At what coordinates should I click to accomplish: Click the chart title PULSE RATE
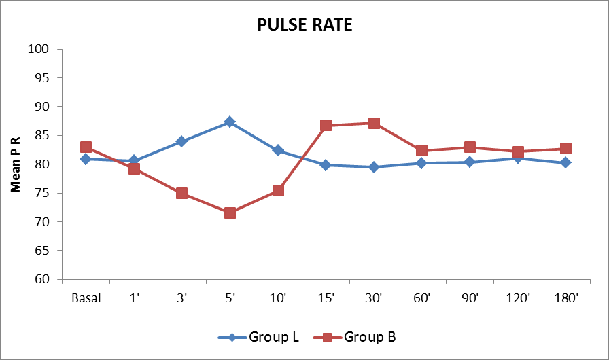pos(304,25)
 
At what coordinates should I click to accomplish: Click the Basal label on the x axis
pos(86,298)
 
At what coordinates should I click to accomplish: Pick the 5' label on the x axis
pos(230,298)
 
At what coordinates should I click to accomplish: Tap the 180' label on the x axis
pos(565,298)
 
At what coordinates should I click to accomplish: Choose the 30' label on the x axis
pos(374,298)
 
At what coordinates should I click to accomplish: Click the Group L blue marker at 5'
pos(230,122)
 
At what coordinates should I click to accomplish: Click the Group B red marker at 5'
pos(230,213)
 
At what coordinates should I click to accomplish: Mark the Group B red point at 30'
pos(374,123)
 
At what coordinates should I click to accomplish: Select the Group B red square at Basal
pos(86,147)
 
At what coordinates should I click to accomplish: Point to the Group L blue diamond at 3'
pos(181,141)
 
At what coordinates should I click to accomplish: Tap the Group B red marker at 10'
pos(278,190)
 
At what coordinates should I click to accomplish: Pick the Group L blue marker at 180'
pos(565,162)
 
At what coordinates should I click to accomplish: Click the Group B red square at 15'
pos(326,125)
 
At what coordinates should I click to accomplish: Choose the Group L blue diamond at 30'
pos(374,167)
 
